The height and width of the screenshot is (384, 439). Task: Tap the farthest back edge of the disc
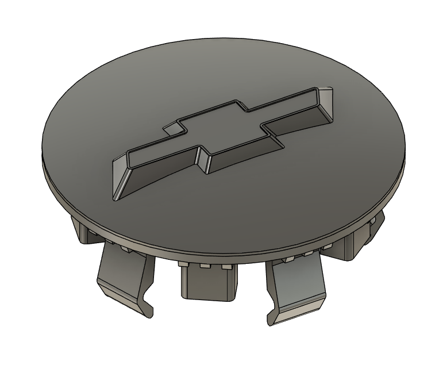224,39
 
